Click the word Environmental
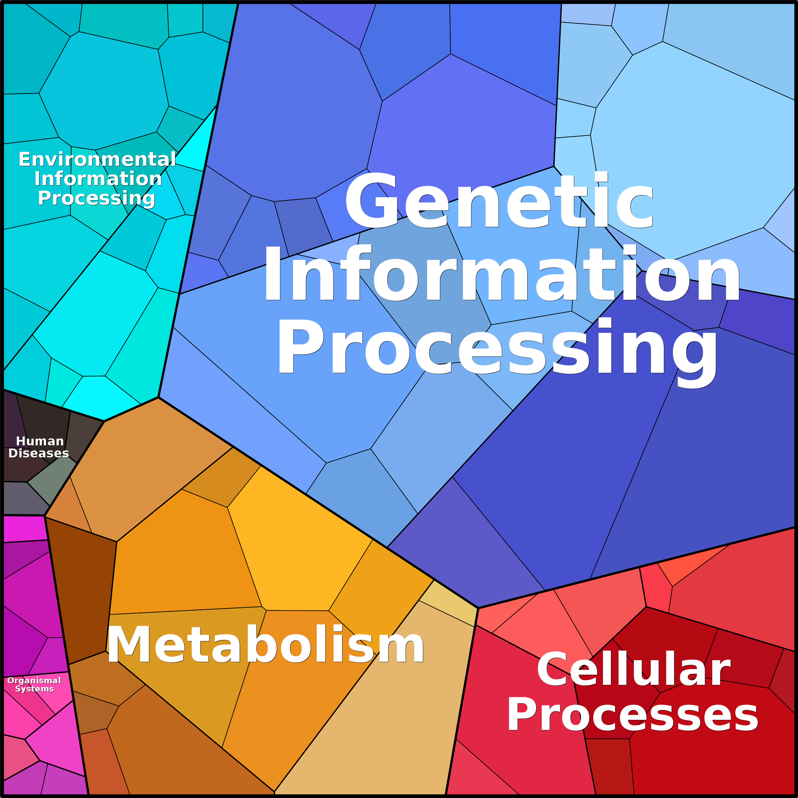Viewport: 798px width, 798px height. click(98, 159)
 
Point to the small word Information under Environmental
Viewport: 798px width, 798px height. click(98, 179)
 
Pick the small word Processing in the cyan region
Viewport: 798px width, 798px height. click(97, 198)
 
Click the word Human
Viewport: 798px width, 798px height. click(40, 441)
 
